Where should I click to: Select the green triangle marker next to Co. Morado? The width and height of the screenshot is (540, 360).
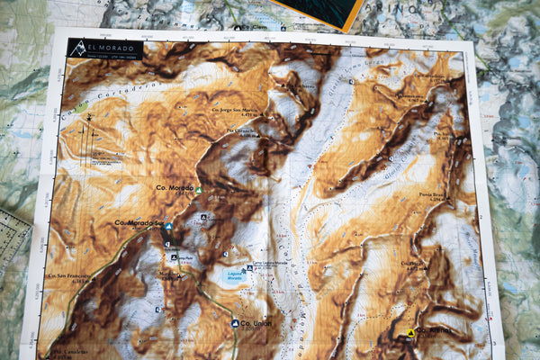coord(199,190)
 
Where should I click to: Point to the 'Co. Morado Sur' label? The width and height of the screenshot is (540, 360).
coord(139,222)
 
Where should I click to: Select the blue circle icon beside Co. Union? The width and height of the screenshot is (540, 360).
coord(235,322)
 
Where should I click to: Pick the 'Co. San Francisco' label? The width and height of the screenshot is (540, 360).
coord(70,276)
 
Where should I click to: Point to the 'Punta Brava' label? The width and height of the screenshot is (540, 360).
coord(431,193)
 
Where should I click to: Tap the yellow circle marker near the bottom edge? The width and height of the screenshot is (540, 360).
coord(410,333)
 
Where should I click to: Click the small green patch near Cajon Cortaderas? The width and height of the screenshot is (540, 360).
coord(82,106)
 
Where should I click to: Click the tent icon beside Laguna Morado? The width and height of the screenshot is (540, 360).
coord(248,268)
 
